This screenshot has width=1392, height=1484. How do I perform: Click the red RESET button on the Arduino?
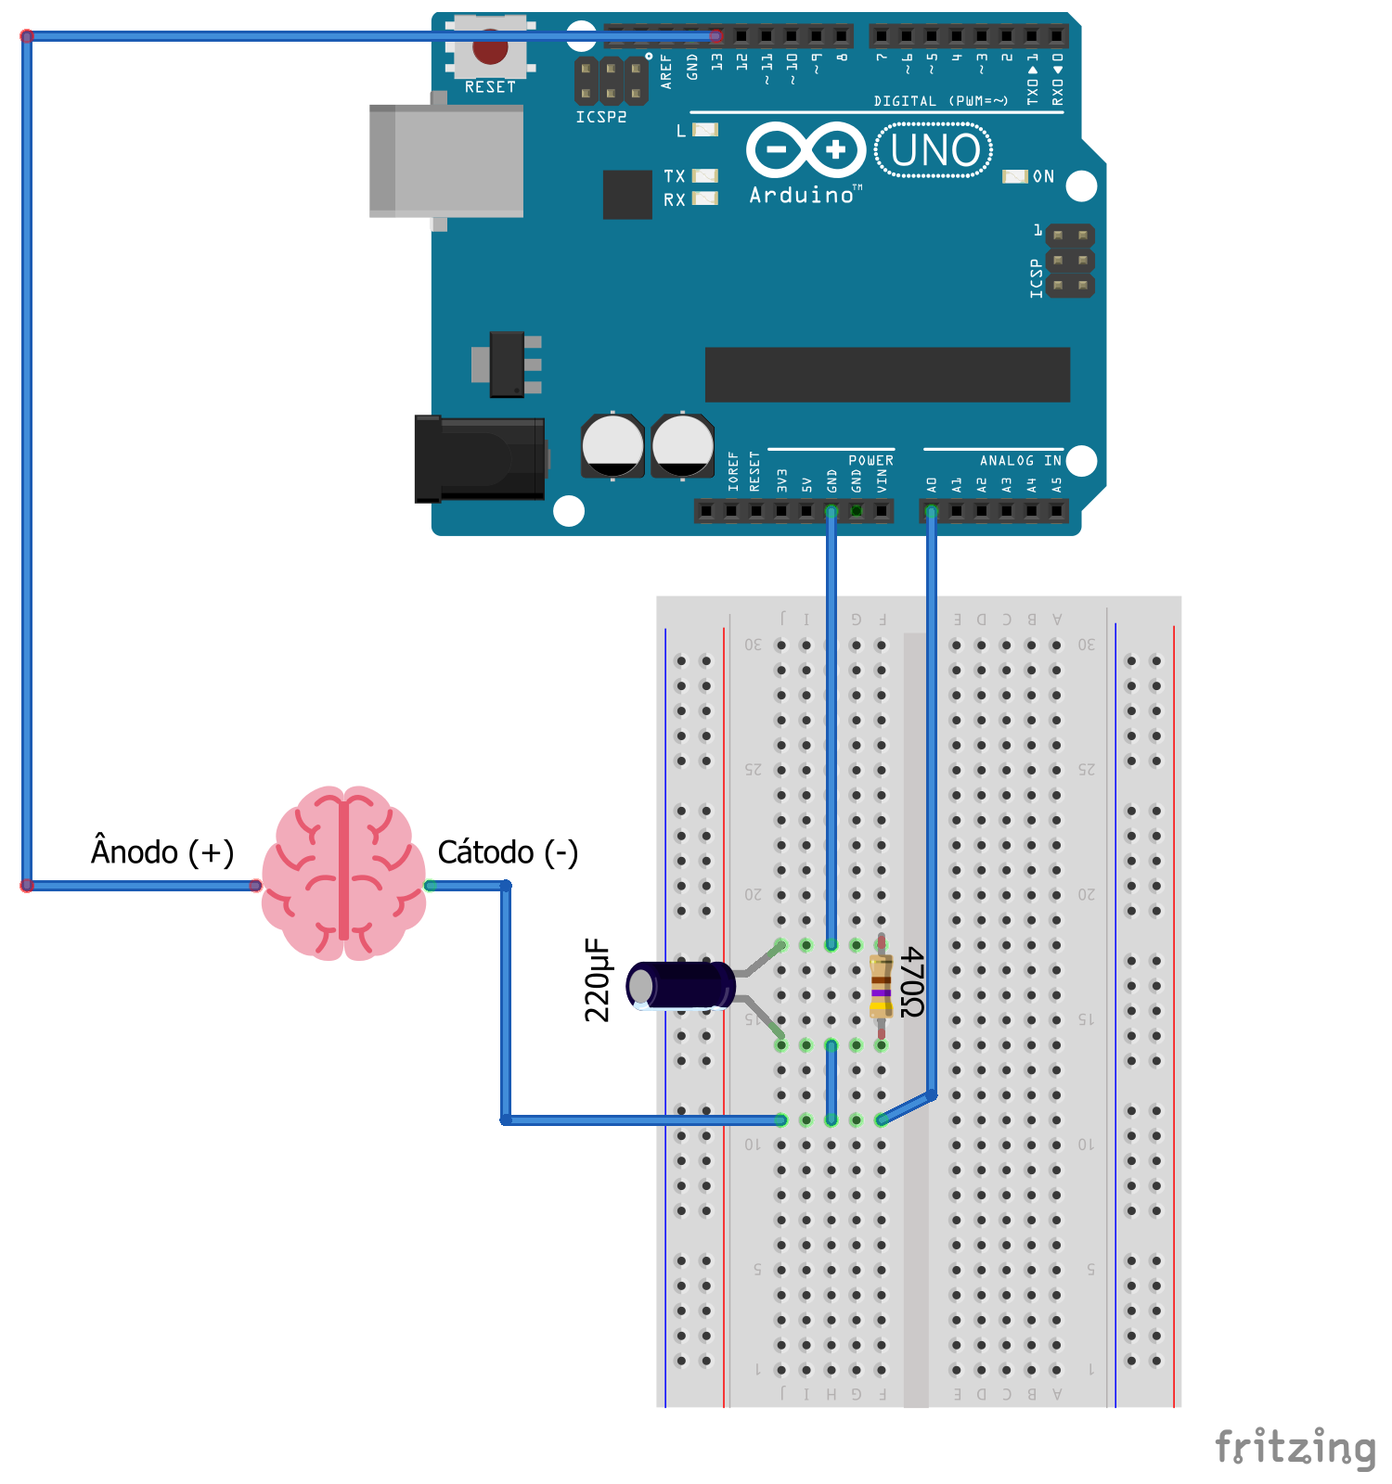(490, 47)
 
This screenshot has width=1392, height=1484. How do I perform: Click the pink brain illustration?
(344, 873)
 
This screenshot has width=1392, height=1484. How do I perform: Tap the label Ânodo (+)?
(162, 851)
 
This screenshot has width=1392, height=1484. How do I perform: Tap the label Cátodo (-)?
(508, 851)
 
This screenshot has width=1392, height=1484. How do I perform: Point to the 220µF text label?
(597, 979)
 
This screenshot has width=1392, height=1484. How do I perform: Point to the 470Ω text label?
(912, 982)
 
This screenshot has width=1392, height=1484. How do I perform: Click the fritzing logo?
(1295, 1447)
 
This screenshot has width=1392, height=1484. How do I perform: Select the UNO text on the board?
(934, 150)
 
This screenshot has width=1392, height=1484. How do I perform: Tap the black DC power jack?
(480, 459)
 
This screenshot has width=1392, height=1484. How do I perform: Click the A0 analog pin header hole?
(932, 511)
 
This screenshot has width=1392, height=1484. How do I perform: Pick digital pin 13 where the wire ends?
(716, 36)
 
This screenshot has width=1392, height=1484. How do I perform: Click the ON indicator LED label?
(1043, 176)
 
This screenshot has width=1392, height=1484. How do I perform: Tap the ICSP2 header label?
(600, 117)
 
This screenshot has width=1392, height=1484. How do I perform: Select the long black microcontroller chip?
(887, 375)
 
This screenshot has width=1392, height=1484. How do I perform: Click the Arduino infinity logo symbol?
(806, 149)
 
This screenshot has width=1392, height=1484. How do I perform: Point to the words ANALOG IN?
(1020, 460)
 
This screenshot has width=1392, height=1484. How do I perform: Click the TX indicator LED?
(705, 176)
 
